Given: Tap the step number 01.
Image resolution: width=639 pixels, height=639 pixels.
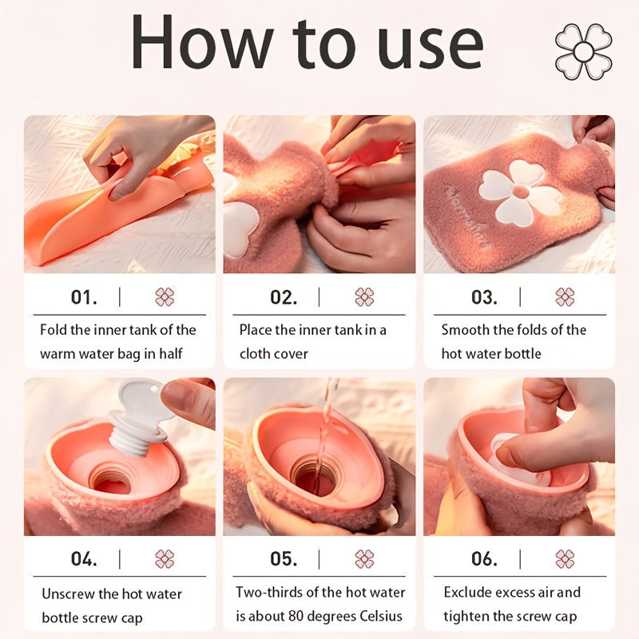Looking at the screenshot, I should pos(84,297).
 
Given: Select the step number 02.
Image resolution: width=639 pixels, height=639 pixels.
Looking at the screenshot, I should pos(284,297).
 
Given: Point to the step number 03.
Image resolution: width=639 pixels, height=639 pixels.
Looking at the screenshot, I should pos(484,297).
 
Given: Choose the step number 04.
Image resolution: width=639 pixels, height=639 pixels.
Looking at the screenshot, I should pos(84,558).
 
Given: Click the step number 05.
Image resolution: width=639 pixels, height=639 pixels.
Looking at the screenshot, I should pos(284,558).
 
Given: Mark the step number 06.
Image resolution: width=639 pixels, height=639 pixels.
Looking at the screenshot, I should pos(484,558).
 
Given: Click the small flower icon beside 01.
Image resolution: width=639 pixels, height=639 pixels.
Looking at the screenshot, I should pos(165,297).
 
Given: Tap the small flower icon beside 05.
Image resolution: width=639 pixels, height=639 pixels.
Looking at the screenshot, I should pos(364,558).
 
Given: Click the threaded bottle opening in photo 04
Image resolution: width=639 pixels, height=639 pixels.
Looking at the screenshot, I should pos(109,479).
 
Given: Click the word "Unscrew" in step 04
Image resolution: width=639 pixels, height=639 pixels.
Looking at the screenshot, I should pos(69,594).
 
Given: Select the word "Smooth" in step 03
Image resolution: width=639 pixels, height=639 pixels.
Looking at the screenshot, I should pos(466,330).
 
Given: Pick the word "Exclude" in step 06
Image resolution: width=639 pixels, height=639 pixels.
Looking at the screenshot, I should pos(470,593).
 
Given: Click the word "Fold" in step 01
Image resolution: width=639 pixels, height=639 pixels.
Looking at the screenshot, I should pos(54,330).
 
